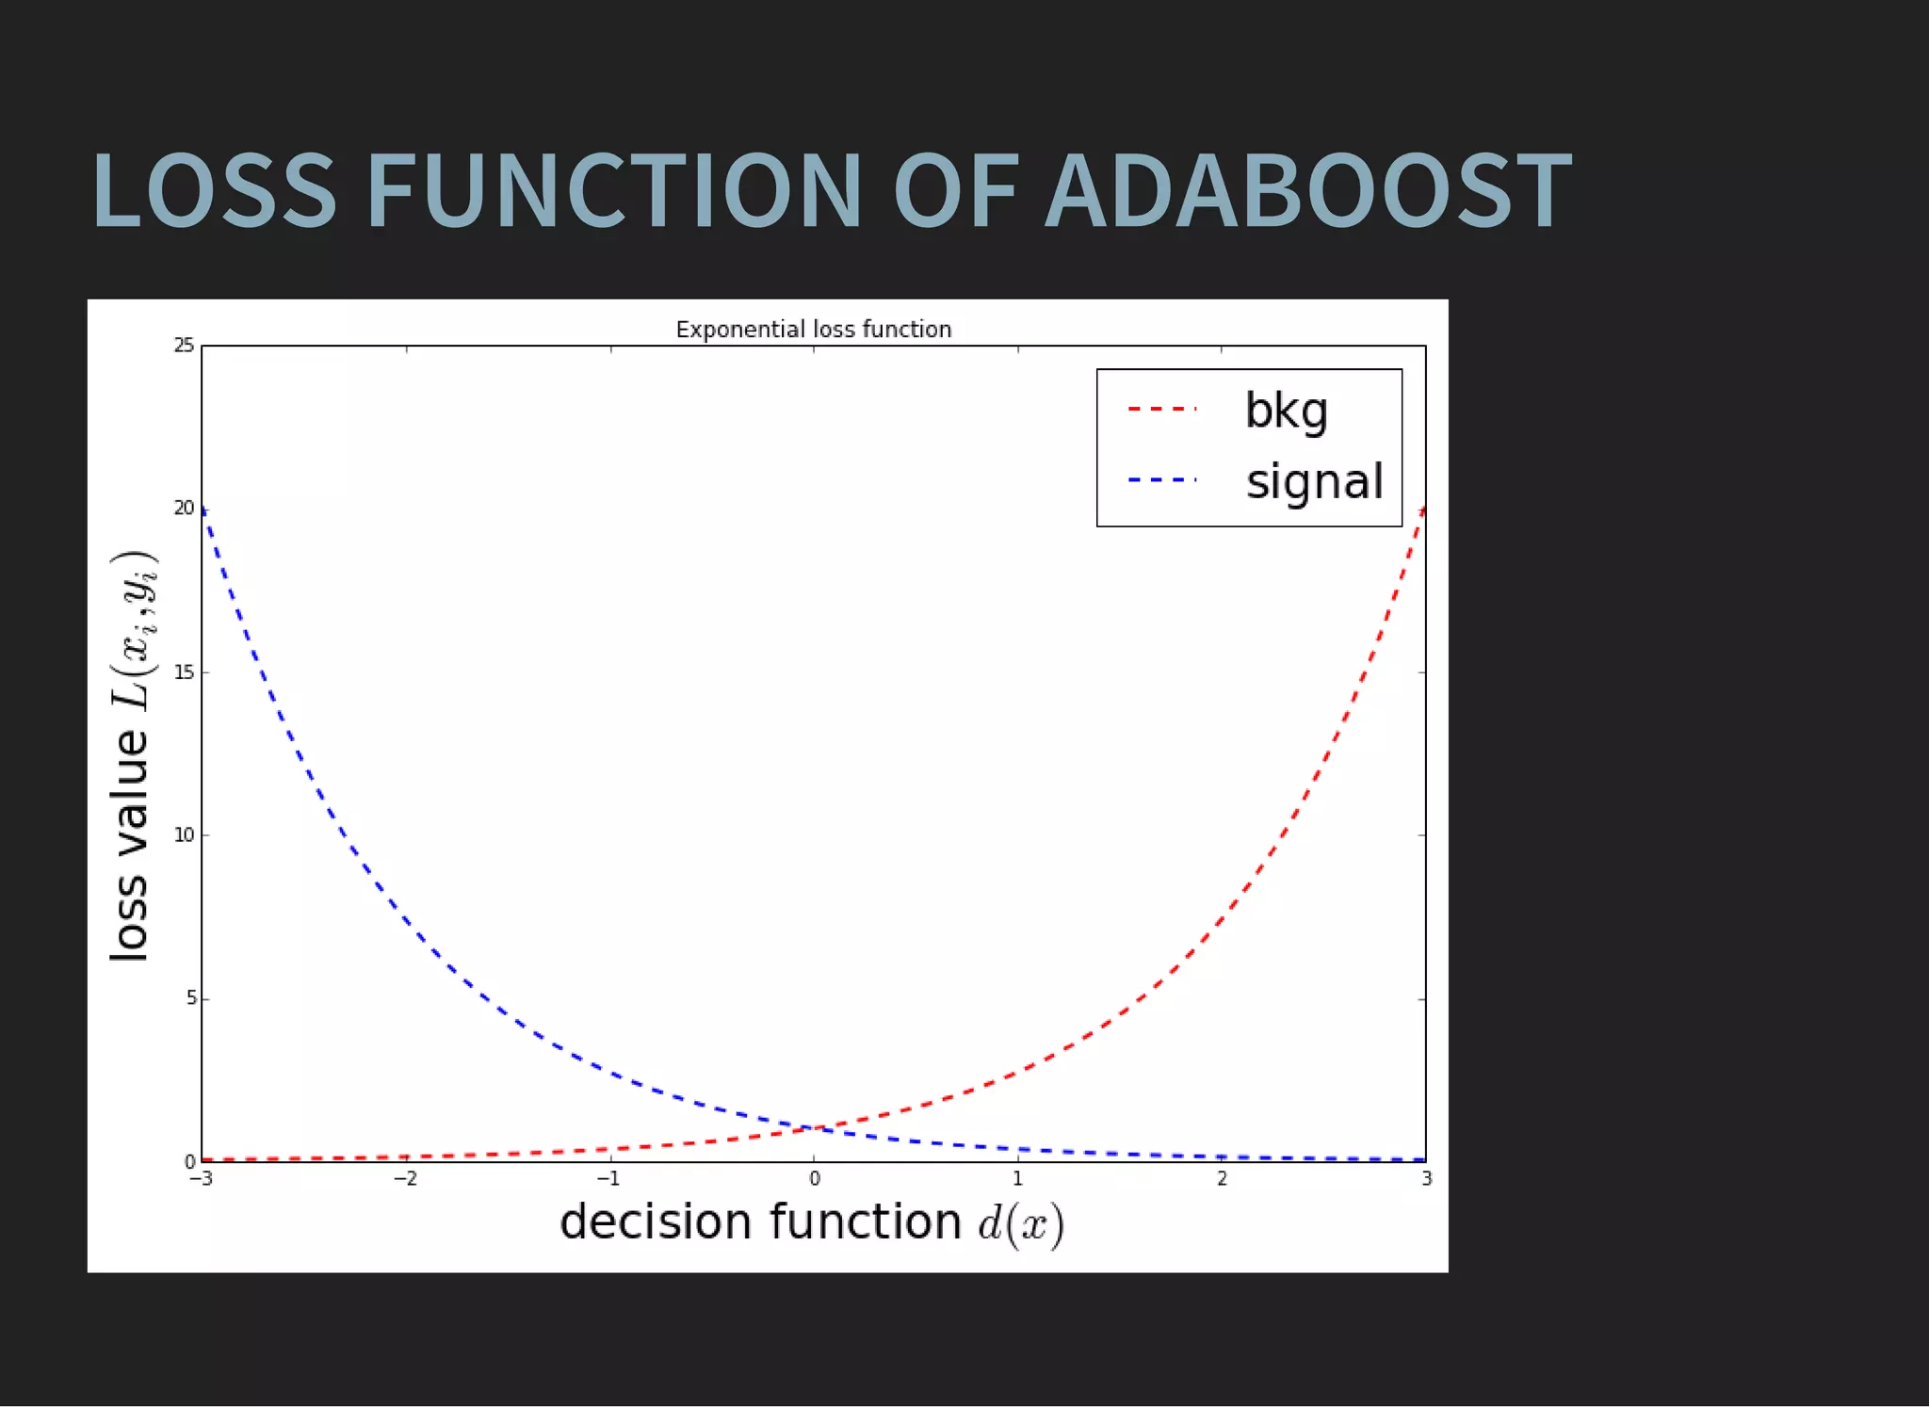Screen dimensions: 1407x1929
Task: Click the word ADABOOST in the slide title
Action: click(1307, 192)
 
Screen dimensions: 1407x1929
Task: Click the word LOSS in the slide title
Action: click(214, 192)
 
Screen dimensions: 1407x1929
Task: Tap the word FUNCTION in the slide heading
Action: click(613, 192)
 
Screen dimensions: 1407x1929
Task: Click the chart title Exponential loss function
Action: click(813, 330)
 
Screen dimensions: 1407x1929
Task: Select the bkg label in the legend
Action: click(1286, 412)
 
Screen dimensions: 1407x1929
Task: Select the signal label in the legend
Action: click(1314, 481)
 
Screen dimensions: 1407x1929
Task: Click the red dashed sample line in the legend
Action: click(1161, 410)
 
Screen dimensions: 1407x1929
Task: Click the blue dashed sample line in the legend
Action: click(1161, 480)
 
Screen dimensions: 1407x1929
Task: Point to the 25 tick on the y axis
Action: click(184, 346)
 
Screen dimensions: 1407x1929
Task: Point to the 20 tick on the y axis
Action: click(184, 509)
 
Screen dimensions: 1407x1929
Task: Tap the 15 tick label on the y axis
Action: click(184, 672)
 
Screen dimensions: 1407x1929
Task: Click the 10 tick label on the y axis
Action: click(184, 835)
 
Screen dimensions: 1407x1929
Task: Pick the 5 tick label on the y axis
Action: click(190, 998)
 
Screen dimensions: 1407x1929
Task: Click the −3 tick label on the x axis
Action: click(201, 1179)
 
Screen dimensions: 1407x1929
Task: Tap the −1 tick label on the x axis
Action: click(608, 1179)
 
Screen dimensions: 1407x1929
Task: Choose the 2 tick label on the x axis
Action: click(1222, 1179)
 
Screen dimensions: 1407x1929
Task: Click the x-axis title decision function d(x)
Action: click(811, 1223)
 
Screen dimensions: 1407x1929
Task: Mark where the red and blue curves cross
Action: click(814, 1128)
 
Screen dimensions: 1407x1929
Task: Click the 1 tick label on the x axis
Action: click(1017, 1179)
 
